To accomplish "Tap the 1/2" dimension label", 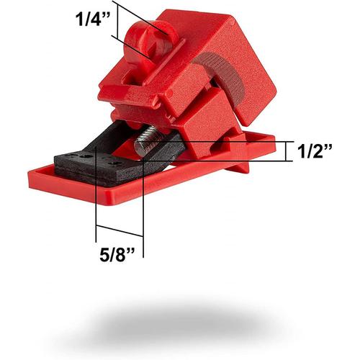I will (x=315, y=152).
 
